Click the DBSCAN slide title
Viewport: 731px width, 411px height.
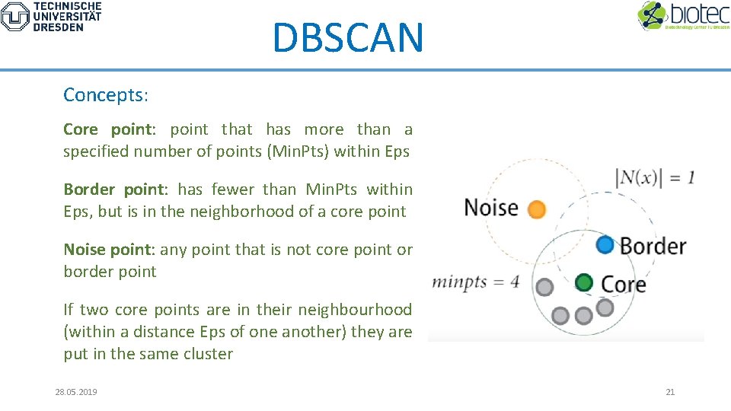tap(347, 37)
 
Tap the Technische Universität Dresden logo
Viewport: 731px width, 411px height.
tap(51, 16)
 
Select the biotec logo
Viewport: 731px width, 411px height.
tap(682, 16)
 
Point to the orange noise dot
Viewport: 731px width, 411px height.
tap(537, 209)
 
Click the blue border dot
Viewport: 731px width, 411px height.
tap(605, 244)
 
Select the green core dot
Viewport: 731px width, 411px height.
tap(584, 282)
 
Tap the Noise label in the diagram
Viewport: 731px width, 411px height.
tap(491, 208)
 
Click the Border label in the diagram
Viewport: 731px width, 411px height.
tap(653, 246)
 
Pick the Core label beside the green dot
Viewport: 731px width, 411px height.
tap(623, 284)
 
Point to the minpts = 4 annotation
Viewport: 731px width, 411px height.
tap(476, 282)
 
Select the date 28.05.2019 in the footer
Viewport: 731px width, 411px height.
tap(76, 392)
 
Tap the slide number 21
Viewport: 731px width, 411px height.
tap(670, 392)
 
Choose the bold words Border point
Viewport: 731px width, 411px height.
tap(113, 190)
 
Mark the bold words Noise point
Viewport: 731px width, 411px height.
tap(109, 250)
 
